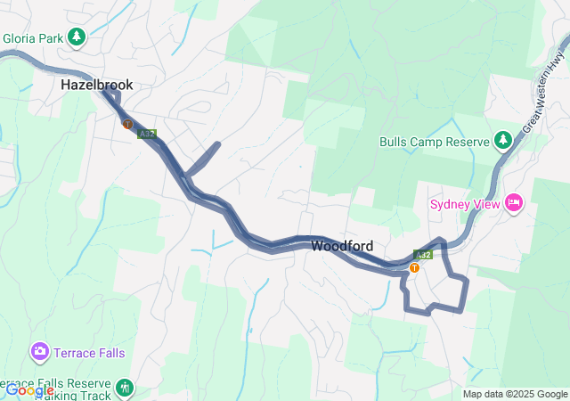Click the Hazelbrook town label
pos(96,85)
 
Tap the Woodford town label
pos(342,246)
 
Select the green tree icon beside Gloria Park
pos(77,37)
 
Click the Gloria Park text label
pos(34,38)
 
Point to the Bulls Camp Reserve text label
pos(435,142)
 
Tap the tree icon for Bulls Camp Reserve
pos(503,141)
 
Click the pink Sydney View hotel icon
pos(513,203)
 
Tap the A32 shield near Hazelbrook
pos(147,135)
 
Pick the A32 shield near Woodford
pos(423,255)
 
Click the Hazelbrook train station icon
pos(128,125)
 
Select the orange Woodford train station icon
pos(414,267)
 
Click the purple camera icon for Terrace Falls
pos(39,352)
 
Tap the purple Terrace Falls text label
pos(88,353)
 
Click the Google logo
pos(28,390)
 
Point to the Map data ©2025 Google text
pos(515,394)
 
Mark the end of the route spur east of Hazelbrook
pos(217,143)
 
